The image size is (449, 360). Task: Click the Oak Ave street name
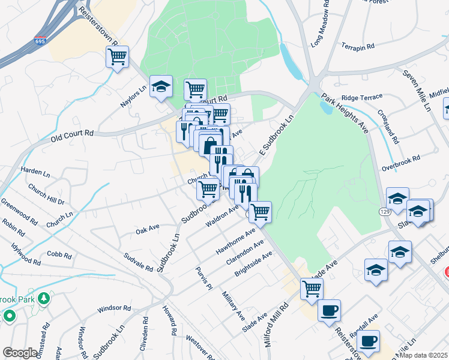(x=147, y=229)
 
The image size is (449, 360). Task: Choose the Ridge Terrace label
(x=361, y=97)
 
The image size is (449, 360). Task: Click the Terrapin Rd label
(x=358, y=46)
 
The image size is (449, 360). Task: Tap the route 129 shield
(x=385, y=212)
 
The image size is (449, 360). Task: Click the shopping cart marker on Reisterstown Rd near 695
(x=117, y=57)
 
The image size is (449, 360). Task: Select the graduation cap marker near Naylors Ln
(x=161, y=86)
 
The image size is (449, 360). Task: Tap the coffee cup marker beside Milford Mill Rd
(x=329, y=311)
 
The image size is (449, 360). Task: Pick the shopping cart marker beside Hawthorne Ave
(x=260, y=211)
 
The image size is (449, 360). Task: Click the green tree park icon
(x=43, y=298)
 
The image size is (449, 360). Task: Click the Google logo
(x=20, y=352)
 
